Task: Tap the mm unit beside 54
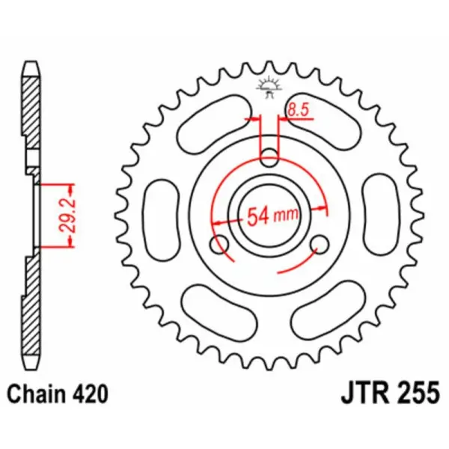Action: pyautogui.click(x=285, y=218)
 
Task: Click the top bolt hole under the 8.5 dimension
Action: pyautogui.click(x=269, y=157)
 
